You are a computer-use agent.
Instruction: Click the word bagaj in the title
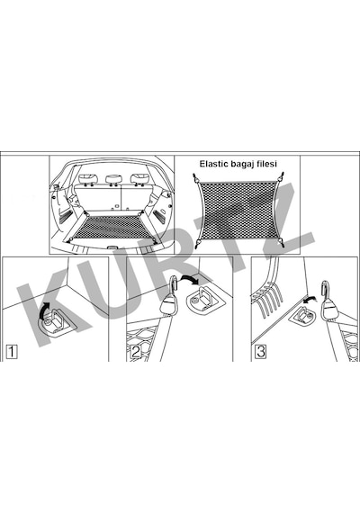(x=241, y=164)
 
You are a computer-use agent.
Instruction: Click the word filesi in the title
(x=265, y=164)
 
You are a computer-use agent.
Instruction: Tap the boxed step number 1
(x=12, y=352)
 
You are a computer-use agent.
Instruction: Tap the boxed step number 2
(x=136, y=352)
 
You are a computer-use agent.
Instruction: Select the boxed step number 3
(x=260, y=352)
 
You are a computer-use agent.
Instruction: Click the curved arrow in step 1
(x=43, y=310)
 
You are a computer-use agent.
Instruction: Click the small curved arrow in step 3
(x=310, y=299)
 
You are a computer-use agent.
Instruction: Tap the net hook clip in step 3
(x=328, y=301)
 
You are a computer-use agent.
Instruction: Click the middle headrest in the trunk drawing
(x=114, y=179)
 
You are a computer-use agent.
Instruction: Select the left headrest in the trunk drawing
(x=88, y=179)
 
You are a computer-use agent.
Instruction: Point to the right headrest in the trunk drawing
(x=140, y=178)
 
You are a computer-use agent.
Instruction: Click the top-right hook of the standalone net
(x=280, y=177)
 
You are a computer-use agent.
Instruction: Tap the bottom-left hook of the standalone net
(x=198, y=243)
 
